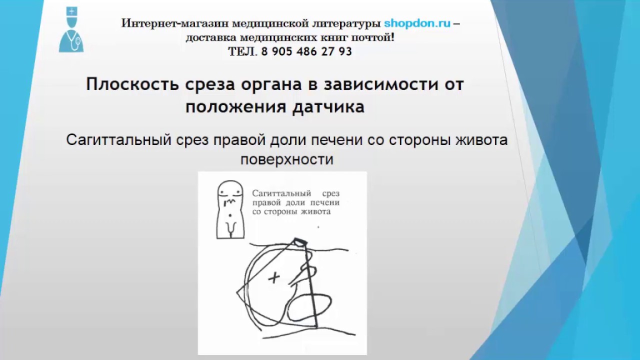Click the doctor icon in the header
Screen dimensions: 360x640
(x=71, y=30)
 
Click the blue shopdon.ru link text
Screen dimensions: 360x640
(x=417, y=23)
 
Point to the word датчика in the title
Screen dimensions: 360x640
(x=329, y=107)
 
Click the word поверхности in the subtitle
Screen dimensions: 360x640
(x=286, y=160)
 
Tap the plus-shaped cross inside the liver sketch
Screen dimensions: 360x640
(x=273, y=278)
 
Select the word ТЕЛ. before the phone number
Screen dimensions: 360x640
(x=242, y=51)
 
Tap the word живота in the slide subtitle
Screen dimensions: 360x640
(x=480, y=140)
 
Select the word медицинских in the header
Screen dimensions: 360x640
(x=275, y=37)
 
